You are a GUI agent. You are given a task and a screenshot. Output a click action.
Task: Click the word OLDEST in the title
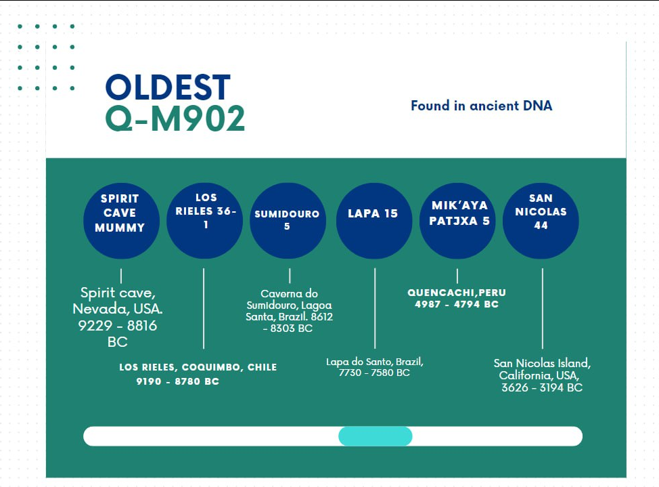click(x=168, y=87)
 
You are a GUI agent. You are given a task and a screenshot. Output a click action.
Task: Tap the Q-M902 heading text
click(x=175, y=119)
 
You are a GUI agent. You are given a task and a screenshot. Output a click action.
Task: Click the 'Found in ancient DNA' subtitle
click(x=481, y=105)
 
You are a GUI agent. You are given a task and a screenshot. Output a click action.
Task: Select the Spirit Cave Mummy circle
click(x=121, y=221)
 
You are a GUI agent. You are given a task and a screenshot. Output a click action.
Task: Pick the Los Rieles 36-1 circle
click(x=205, y=221)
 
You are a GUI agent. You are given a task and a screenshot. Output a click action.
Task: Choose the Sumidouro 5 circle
click(x=288, y=221)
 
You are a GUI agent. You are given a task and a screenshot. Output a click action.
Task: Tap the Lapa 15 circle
click(x=374, y=221)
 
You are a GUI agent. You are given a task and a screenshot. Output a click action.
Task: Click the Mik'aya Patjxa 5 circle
click(x=457, y=221)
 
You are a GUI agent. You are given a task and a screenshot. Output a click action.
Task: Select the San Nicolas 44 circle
click(x=541, y=221)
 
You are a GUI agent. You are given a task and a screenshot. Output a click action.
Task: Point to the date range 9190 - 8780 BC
click(x=177, y=381)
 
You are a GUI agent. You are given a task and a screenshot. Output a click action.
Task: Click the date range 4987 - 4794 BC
click(x=457, y=304)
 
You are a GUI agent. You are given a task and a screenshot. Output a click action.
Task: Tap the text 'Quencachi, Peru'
click(x=457, y=293)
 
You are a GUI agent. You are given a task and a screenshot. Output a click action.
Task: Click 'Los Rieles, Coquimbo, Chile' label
click(x=198, y=367)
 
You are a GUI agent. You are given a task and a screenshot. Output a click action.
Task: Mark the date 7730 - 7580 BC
click(x=374, y=373)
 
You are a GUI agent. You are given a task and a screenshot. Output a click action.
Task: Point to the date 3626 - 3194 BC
click(x=542, y=387)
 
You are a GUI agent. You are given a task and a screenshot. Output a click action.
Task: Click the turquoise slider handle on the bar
click(x=376, y=436)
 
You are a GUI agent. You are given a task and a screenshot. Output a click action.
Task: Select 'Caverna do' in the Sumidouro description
click(x=289, y=293)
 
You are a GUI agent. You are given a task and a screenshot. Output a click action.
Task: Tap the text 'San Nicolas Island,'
click(x=542, y=363)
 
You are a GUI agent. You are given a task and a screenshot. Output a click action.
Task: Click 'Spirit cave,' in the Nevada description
click(x=118, y=293)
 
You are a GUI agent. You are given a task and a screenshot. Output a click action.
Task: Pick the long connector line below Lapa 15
click(x=375, y=309)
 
